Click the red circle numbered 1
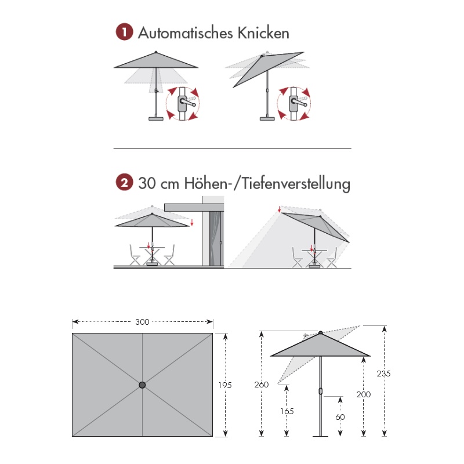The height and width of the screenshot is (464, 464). click(x=124, y=32)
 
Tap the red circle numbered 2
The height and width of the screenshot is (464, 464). click(x=124, y=182)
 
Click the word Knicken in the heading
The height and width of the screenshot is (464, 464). click(x=263, y=33)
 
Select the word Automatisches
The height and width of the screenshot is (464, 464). click(x=186, y=33)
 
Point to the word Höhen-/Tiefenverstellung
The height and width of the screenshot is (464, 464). click(x=267, y=184)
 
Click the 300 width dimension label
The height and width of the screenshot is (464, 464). click(x=142, y=322)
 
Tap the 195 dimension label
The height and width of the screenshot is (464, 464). click(x=225, y=385)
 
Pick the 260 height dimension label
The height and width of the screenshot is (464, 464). click(x=262, y=385)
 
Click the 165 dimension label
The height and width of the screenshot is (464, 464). click(x=287, y=411)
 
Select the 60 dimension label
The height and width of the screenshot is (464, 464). click(x=340, y=417)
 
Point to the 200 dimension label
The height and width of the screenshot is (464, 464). click(x=364, y=394)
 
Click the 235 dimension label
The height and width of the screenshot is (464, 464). click(x=383, y=374)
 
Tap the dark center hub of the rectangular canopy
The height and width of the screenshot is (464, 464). click(x=142, y=385)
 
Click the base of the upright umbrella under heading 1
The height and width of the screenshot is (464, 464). click(x=156, y=119)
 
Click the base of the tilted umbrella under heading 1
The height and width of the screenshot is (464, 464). click(x=267, y=119)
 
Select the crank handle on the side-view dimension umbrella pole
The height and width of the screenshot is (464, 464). click(x=321, y=391)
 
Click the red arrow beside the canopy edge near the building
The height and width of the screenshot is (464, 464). click(x=192, y=222)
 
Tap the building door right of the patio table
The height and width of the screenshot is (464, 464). click(x=216, y=238)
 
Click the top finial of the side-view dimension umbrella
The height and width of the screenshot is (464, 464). click(x=321, y=332)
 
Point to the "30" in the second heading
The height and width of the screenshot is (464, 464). click(x=147, y=183)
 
